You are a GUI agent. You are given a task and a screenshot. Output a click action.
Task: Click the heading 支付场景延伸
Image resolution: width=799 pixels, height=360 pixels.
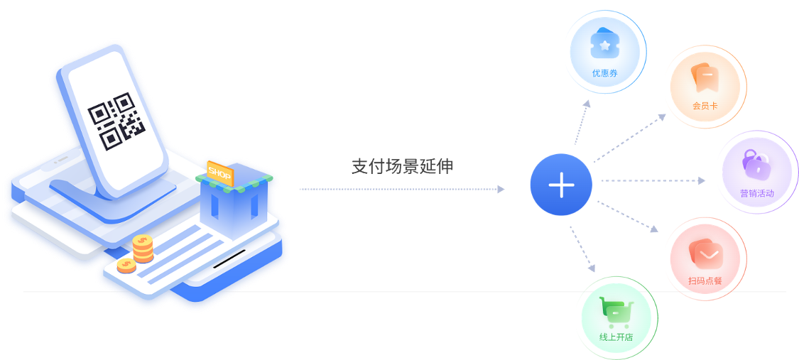click(402, 166)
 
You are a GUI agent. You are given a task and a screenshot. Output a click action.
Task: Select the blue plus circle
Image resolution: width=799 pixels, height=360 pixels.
click(561, 185)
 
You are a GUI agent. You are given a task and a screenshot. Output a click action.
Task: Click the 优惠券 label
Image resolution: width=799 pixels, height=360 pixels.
click(605, 73)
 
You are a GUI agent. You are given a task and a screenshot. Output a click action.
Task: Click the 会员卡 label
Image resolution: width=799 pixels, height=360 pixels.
click(705, 106)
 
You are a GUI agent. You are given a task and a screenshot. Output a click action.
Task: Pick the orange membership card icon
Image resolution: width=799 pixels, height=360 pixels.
click(705, 77)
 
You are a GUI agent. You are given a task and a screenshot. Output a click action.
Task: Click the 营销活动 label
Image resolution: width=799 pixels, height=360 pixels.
click(756, 193)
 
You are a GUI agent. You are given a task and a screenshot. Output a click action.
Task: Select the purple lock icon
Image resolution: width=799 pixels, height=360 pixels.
click(755, 165)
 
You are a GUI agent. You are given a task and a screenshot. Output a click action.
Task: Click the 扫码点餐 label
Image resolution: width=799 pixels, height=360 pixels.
click(705, 281)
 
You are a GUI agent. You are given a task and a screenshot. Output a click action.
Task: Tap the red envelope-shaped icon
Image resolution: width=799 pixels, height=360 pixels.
click(705, 253)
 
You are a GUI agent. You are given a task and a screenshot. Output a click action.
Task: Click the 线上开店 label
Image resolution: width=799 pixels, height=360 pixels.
click(615, 337)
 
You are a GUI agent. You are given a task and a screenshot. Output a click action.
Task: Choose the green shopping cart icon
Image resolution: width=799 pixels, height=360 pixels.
click(614, 311)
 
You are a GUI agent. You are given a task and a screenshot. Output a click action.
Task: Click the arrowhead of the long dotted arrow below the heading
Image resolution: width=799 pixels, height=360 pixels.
click(501, 189)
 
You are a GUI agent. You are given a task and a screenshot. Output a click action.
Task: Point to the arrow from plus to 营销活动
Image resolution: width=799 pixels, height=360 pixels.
click(653, 181)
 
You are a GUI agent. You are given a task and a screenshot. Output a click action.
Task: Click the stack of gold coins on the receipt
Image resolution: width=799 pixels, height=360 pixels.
click(143, 248)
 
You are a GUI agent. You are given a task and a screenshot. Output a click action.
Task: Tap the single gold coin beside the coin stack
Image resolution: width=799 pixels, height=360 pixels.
click(126, 266)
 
